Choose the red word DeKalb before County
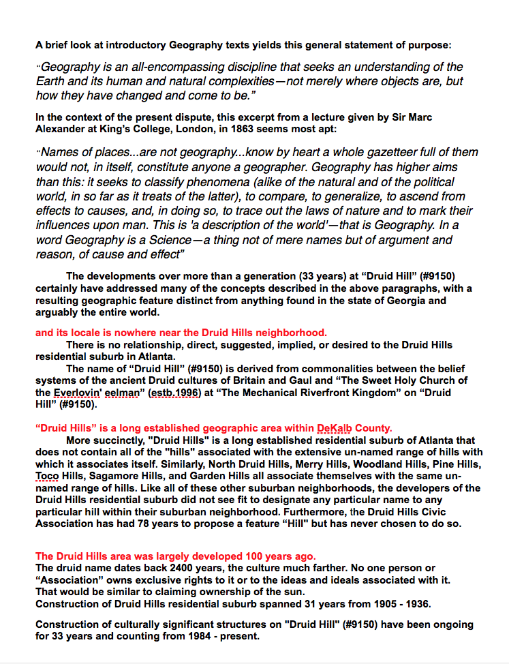click(335, 428)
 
